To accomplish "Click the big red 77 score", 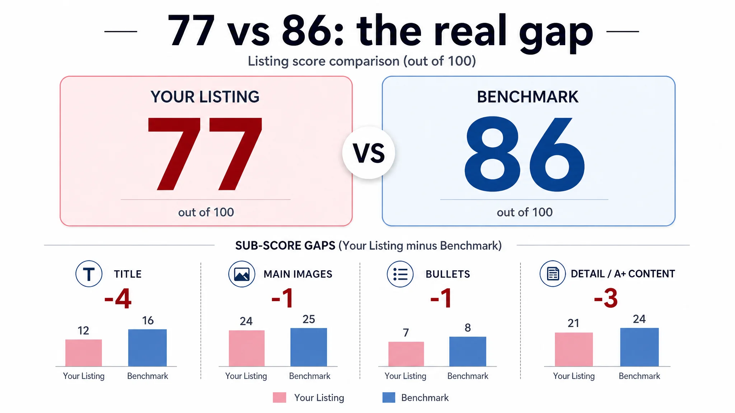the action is (x=205, y=154).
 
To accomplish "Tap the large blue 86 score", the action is (x=524, y=154).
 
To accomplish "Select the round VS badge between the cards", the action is (x=369, y=153).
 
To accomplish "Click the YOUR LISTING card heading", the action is (x=205, y=97).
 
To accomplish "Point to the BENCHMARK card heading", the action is (x=528, y=97).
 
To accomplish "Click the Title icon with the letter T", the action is (x=89, y=274).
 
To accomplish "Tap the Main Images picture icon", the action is (x=242, y=274).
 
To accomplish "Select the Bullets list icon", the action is (x=400, y=274).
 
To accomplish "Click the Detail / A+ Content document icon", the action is (x=553, y=274).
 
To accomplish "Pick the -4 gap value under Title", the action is (x=118, y=298).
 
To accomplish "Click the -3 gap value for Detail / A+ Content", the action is (x=606, y=298).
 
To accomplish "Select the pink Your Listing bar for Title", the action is (x=84, y=353).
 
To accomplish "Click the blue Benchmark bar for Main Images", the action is (x=309, y=347).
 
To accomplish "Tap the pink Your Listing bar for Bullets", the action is (x=406, y=354).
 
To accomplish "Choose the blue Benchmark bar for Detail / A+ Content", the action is (x=640, y=347).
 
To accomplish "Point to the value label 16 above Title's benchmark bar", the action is (x=148, y=321).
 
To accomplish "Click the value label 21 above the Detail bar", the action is (x=574, y=323).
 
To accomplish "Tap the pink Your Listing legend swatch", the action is (x=280, y=398).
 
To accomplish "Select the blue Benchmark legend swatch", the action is (x=389, y=398).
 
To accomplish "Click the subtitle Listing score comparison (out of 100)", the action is (x=362, y=61).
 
